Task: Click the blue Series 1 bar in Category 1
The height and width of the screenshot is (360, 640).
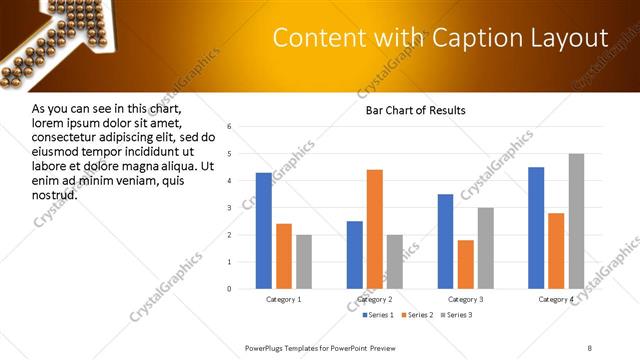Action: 264,231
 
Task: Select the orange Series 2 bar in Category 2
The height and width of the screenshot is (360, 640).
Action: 375,229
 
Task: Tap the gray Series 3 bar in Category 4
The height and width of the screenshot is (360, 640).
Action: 576,221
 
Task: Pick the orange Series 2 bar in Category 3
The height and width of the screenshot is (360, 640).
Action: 465,264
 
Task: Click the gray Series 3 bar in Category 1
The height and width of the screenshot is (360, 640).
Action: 304,262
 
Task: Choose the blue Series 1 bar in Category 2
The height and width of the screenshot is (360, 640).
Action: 355,255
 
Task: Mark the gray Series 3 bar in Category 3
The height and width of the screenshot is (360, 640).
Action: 485,248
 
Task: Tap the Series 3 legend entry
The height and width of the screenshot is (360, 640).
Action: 457,315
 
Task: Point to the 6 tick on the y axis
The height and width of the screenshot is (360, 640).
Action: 230,127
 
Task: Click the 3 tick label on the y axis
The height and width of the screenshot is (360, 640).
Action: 230,208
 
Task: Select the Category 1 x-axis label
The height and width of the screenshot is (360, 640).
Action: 284,299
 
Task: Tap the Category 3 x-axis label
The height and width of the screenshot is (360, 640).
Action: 465,299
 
